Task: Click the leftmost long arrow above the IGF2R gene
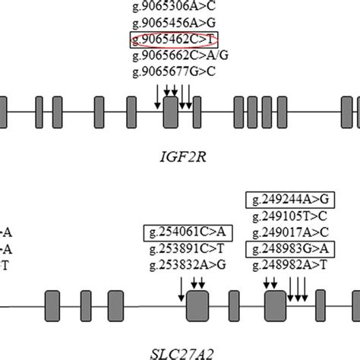[x=158, y=94]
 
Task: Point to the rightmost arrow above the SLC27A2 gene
[x=305, y=288]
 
